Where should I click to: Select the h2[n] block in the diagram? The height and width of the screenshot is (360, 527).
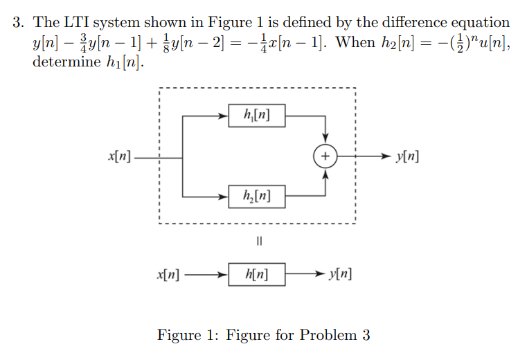[256, 197]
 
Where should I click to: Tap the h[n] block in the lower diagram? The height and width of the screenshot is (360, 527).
[256, 275]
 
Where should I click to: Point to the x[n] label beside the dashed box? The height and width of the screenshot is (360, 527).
[120, 157]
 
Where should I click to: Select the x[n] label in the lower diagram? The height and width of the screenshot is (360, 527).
[168, 275]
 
